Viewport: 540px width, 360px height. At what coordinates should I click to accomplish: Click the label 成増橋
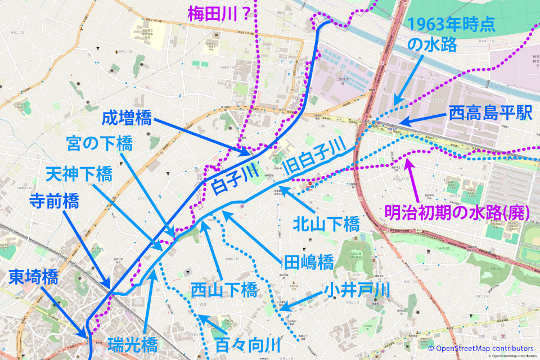pyautogui.click(x=127, y=119)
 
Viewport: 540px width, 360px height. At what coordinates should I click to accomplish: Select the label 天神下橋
pyautogui.click(x=79, y=174)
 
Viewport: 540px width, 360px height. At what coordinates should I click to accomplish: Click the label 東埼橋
pyautogui.click(x=33, y=276)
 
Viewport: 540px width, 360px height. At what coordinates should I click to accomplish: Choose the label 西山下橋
pyautogui.click(x=223, y=290)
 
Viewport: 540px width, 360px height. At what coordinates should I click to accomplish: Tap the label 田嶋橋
pyautogui.click(x=309, y=262)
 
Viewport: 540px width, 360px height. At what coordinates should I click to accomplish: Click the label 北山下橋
pyautogui.click(x=326, y=225)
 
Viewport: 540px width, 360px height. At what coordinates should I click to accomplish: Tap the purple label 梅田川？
pyautogui.click(x=221, y=11)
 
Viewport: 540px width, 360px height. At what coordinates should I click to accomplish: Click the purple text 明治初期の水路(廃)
pyautogui.click(x=454, y=213)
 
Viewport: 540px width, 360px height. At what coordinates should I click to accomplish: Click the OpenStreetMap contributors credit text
pyautogui.click(x=480, y=349)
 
